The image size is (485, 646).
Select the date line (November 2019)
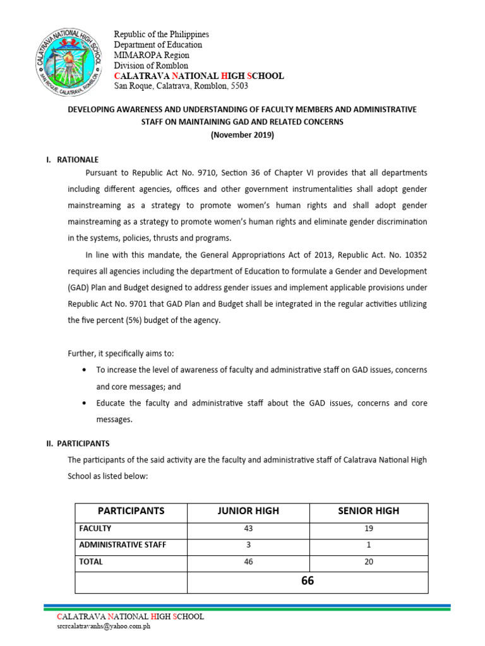[x=243, y=135]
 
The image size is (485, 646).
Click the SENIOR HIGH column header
[x=369, y=511]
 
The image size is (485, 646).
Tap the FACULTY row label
[x=95, y=528]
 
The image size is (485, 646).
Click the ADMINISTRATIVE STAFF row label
[x=123, y=544]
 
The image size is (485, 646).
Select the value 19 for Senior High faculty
[x=369, y=528]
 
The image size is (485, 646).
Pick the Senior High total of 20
[x=369, y=561]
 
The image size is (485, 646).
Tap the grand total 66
[x=308, y=582]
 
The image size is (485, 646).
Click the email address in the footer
[x=104, y=626]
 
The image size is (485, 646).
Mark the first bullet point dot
[x=85, y=370]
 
